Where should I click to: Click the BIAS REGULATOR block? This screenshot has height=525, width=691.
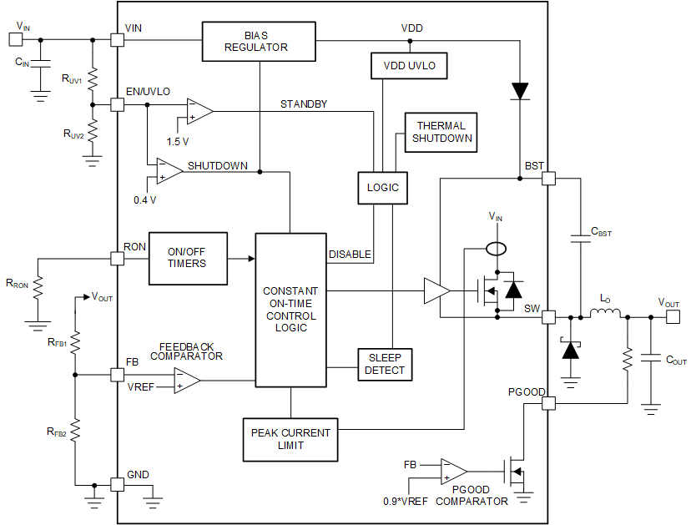(x=259, y=41)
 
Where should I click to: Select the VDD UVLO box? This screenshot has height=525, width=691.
(x=409, y=65)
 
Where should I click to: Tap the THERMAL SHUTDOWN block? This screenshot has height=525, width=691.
(x=441, y=132)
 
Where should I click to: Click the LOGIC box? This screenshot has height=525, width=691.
(x=383, y=187)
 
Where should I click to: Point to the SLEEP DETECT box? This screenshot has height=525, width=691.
(x=385, y=364)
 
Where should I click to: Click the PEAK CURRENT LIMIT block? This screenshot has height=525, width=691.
(x=290, y=439)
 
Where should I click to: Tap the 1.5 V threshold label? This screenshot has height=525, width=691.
(x=178, y=141)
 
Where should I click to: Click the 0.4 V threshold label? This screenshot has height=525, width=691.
(x=145, y=200)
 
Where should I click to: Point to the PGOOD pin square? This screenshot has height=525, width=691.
(x=548, y=404)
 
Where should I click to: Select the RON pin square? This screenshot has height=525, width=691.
(x=117, y=258)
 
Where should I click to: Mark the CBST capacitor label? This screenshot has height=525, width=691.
(x=600, y=233)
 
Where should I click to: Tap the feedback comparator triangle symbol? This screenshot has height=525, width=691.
(x=186, y=381)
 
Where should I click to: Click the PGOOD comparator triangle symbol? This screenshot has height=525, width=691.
(x=454, y=472)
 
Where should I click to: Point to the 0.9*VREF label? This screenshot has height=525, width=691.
(x=408, y=501)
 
